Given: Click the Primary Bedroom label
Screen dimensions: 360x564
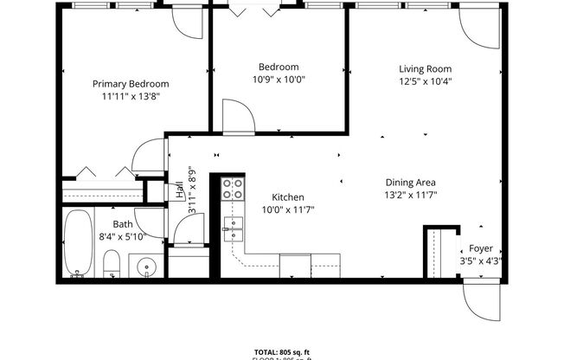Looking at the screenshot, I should pos(131,84).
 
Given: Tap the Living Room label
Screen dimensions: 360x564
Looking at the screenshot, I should pos(425,68).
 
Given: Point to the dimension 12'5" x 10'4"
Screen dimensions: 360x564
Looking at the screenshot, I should pos(425,81).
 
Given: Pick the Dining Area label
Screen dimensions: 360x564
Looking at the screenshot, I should pos(410,183).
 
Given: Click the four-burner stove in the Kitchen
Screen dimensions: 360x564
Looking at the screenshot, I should pos(232,190).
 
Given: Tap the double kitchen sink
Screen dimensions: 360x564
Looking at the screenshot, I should pos(234,229).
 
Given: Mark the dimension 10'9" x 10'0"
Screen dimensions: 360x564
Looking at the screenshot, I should pos(279,80).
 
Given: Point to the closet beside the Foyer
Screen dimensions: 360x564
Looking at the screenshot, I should pos(437,251).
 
